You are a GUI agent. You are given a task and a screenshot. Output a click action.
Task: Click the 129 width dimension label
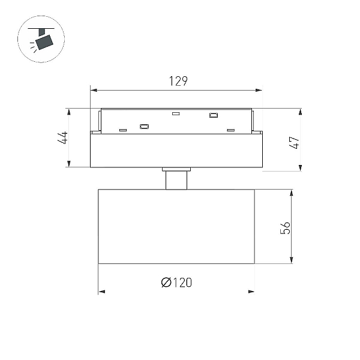pyautogui.click(x=178, y=81)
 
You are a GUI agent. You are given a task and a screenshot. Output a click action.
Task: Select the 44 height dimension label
pyautogui.click(x=62, y=137)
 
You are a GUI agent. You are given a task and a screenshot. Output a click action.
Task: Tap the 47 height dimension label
pyautogui.click(x=295, y=143)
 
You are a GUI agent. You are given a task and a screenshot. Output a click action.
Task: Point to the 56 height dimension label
pyautogui.click(x=286, y=228)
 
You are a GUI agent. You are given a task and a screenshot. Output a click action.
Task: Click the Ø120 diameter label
pyautogui.click(x=176, y=283)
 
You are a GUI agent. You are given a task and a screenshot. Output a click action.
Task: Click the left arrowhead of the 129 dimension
pyautogui.click(x=94, y=90)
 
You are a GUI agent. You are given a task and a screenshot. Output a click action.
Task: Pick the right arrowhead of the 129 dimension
pyautogui.click(x=259, y=90)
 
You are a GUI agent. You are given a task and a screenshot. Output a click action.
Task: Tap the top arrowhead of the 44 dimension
pyautogui.click(x=69, y=112)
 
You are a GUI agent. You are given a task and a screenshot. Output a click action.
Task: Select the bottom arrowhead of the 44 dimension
pyautogui.click(x=69, y=164)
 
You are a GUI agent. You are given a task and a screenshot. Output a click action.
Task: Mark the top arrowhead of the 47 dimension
pyautogui.click(x=301, y=112)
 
